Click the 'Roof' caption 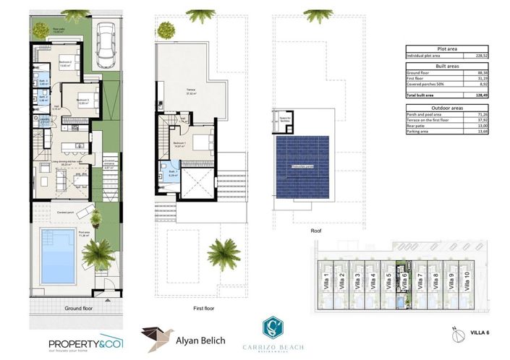pos(315,232)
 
